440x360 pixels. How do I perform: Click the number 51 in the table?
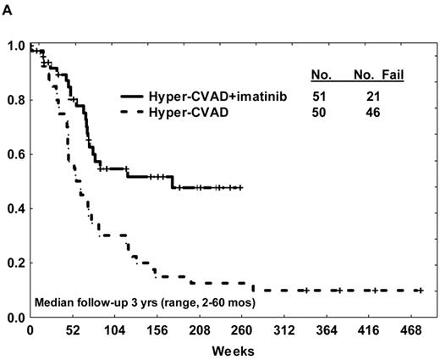click(321, 97)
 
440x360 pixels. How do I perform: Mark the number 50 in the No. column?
click(321, 112)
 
